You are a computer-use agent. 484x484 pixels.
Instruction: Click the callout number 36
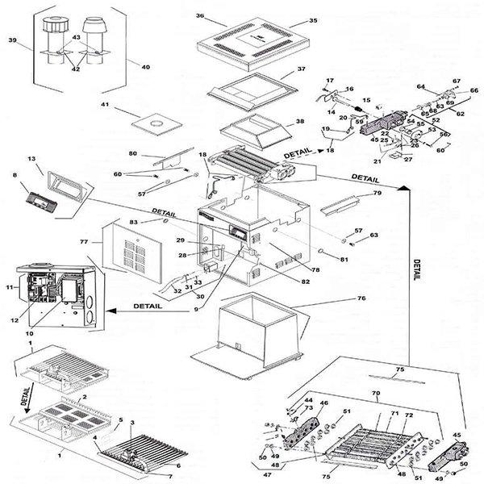pyautogui.click(x=199, y=16)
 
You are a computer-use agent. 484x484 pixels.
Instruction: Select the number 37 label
pyautogui.click(x=302, y=69)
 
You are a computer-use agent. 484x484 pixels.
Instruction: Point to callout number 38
pyautogui.click(x=300, y=121)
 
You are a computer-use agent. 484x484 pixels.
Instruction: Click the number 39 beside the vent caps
pyautogui.click(x=12, y=40)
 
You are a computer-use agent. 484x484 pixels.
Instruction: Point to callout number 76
pyautogui.click(x=361, y=297)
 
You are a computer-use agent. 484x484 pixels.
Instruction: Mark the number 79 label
pyautogui.click(x=377, y=194)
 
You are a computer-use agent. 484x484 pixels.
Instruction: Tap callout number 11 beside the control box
pyautogui.click(x=9, y=286)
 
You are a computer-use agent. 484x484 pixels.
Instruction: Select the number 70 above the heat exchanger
pyautogui.click(x=374, y=394)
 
